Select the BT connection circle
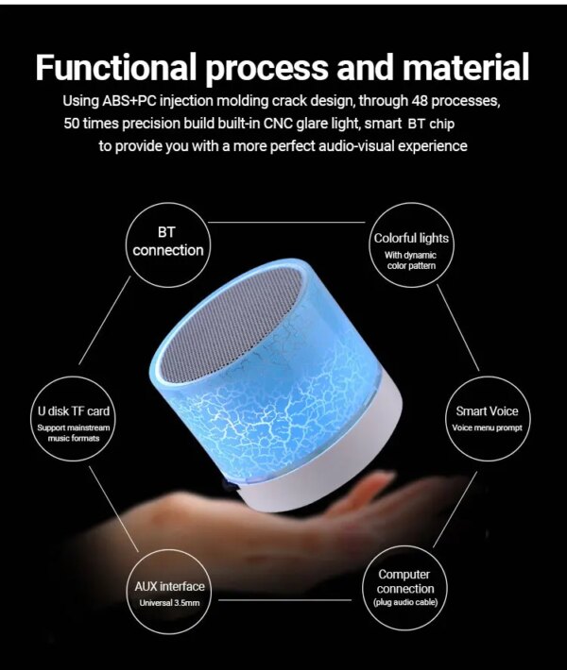[168, 243]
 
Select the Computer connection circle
[405, 588]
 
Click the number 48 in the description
[415, 101]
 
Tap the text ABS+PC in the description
[155, 101]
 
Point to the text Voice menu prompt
[487, 429]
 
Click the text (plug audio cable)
[405, 602]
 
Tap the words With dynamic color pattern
[410, 260]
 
